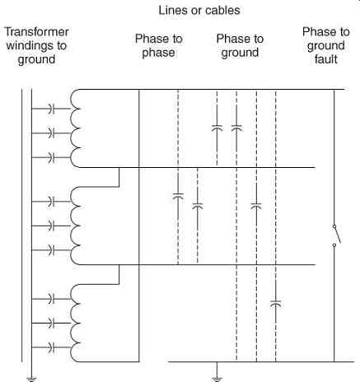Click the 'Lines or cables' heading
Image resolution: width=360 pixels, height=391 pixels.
tap(199, 11)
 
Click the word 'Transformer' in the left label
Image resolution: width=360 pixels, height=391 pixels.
tap(36, 32)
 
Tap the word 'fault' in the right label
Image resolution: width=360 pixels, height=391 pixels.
tap(326, 59)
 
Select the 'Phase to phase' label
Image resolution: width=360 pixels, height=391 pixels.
tap(159, 45)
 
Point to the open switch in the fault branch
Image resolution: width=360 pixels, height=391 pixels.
tap(337, 235)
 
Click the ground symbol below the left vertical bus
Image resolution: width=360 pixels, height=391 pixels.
tap(31, 379)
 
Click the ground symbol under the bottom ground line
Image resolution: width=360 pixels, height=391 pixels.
tap(217, 379)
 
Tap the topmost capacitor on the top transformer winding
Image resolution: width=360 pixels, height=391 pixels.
tap(51, 109)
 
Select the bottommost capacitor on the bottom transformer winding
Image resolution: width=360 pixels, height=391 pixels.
tap(51, 347)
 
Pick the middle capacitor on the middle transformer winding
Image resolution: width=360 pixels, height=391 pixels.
tap(51, 226)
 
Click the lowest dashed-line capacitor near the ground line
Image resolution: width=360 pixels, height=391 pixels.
tap(276, 304)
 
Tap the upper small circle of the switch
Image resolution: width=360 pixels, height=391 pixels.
tap(334, 226)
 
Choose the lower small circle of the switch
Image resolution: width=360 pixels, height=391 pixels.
tap(334, 245)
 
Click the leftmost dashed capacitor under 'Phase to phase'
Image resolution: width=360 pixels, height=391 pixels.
tap(178, 196)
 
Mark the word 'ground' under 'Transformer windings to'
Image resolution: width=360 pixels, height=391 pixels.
tap(36, 60)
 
